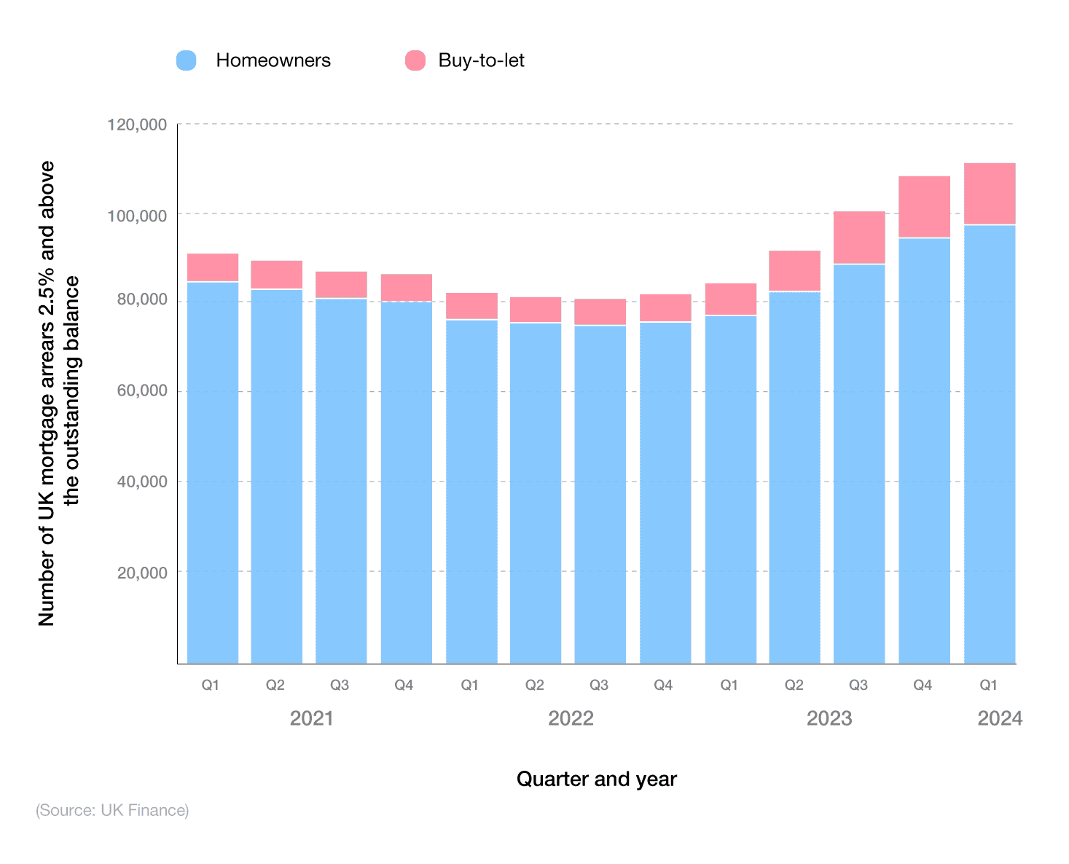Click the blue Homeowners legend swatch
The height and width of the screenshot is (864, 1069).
[187, 60]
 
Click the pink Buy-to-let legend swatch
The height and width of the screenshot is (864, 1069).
[415, 60]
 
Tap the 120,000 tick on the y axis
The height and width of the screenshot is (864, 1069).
[138, 125]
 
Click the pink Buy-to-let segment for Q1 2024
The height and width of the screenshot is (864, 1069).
[989, 194]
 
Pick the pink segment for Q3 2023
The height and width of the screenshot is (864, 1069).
[859, 237]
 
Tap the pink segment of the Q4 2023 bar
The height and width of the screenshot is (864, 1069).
[924, 207]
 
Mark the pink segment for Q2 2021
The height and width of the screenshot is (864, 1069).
[277, 275]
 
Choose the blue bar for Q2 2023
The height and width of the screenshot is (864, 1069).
[794, 477]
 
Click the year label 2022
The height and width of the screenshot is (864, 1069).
[571, 719]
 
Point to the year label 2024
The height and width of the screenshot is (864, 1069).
[1000, 719]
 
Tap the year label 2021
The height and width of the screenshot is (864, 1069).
[311, 719]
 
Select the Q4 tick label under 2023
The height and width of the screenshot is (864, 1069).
[923, 685]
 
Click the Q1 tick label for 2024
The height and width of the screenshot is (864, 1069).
[988, 685]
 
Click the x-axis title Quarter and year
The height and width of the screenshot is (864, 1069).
[596, 779]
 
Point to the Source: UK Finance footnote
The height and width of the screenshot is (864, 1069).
[112, 810]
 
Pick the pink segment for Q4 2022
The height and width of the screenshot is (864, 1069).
[665, 308]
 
